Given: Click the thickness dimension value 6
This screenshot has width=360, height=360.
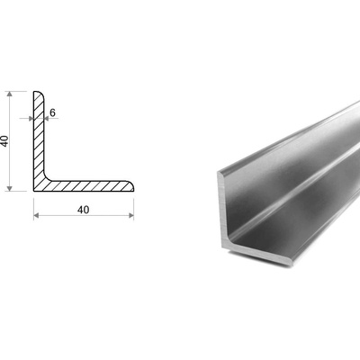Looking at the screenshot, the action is (52, 112).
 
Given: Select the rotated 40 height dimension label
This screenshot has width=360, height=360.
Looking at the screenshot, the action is (4, 141).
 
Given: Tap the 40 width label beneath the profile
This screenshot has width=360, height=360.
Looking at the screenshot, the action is (83, 210).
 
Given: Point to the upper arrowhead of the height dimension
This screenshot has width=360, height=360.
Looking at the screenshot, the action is (10, 94).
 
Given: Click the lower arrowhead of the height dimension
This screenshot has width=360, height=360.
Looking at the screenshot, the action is (10, 188).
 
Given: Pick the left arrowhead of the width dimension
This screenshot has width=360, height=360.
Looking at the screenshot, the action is (36, 215).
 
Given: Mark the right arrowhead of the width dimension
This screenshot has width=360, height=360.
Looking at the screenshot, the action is (131, 215).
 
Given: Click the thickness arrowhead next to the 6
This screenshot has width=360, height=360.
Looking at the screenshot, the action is (47, 119).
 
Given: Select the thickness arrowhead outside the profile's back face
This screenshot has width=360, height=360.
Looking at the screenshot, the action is (31, 119).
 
